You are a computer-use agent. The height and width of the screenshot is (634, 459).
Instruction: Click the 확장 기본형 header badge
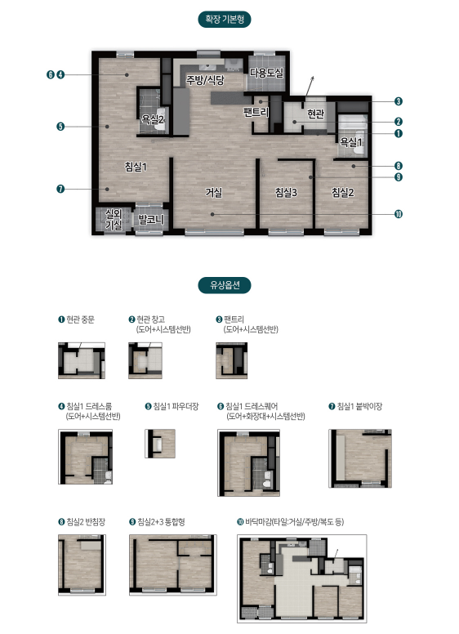click(225, 20)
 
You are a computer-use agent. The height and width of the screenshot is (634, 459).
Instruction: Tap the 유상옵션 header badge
click(225, 285)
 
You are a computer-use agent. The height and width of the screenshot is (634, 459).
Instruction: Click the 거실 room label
click(214, 193)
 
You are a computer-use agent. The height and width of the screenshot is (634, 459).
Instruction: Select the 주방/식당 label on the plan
click(205, 79)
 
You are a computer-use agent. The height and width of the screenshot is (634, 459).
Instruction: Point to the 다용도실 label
click(266, 73)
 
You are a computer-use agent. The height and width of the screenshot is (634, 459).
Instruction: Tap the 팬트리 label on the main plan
click(256, 112)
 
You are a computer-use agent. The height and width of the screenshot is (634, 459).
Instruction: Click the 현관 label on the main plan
click(315, 114)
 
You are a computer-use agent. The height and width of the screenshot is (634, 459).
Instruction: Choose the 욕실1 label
click(350, 142)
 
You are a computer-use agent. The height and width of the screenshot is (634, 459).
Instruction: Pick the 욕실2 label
click(153, 119)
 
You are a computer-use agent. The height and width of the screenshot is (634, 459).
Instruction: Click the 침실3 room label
click(286, 193)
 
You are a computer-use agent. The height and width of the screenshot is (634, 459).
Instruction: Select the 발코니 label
click(151, 220)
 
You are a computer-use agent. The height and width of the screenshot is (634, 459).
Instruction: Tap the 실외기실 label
click(114, 219)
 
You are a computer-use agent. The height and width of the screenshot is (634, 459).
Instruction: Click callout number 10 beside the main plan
click(399, 214)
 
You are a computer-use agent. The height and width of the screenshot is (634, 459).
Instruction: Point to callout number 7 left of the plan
click(60, 189)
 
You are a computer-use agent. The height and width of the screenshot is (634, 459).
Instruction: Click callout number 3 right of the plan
click(399, 101)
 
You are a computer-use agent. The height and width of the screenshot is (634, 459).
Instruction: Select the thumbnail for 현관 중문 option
click(82, 360)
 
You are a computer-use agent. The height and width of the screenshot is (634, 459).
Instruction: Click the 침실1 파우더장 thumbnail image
click(160, 444)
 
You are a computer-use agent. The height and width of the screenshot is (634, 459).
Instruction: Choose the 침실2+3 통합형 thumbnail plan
click(173, 565)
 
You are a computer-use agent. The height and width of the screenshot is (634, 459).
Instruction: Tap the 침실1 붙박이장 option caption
click(355, 406)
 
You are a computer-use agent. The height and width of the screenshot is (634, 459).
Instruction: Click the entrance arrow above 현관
click(310, 86)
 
